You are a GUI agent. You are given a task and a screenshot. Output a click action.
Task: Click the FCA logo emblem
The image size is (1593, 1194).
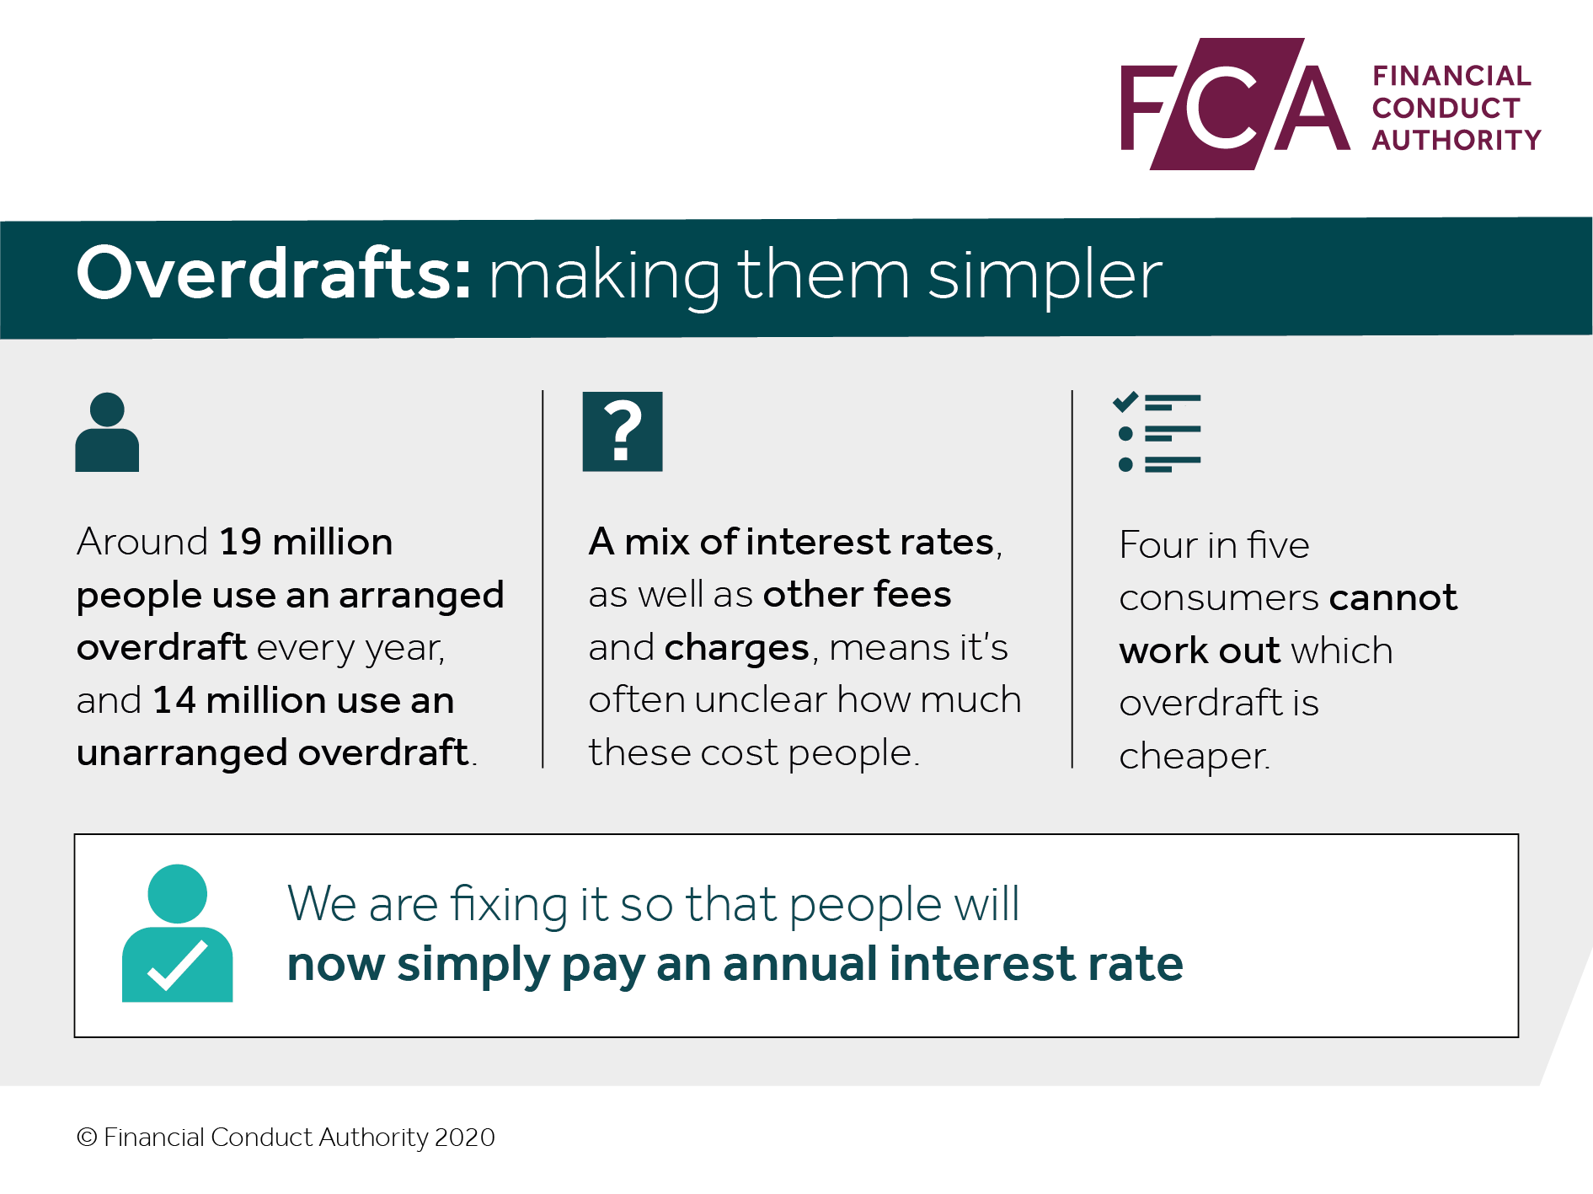point(1235,104)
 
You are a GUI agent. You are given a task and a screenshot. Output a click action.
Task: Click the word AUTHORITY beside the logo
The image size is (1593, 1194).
point(1457,140)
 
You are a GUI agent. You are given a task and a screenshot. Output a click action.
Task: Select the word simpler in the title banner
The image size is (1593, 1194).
point(1045,276)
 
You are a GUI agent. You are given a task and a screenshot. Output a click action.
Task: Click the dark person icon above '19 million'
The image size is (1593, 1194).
point(107,431)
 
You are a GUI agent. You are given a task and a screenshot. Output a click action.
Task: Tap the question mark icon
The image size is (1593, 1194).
point(623,431)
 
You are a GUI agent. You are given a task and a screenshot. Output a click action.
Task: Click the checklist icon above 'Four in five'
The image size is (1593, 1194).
point(1157,432)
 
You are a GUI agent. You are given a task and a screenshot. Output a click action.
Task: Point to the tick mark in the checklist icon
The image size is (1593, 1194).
point(1125,402)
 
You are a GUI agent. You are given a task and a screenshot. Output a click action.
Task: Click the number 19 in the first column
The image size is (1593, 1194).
point(240,542)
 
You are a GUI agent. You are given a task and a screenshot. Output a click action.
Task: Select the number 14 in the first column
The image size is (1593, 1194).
point(174,700)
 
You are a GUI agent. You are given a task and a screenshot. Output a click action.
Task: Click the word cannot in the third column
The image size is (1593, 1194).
point(1393,598)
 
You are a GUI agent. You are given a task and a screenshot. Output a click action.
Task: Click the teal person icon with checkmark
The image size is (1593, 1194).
point(177,934)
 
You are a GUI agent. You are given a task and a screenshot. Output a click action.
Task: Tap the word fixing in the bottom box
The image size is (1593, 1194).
point(509,905)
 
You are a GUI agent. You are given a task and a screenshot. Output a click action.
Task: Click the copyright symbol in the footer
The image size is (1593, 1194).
point(87,1138)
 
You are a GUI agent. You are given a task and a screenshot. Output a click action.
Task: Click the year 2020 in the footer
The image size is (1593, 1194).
point(465,1138)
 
